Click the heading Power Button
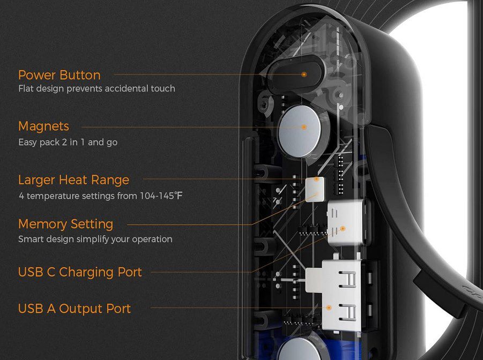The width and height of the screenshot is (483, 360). click(x=60, y=75)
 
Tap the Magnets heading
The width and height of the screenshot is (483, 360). click(x=44, y=126)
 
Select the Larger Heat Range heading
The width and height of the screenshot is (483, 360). click(x=73, y=180)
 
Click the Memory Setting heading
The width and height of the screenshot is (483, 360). click(x=65, y=224)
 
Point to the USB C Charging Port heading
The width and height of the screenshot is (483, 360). click(x=80, y=272)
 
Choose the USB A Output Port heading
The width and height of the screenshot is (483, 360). click(x=75, y=309)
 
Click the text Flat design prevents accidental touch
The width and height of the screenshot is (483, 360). click(x=96, y=89)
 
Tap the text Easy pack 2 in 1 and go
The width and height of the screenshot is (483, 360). click(x=68, y=142)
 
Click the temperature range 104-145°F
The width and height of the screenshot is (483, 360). click(x=161, y=196)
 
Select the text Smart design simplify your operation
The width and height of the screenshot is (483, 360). click(x=95, y=239)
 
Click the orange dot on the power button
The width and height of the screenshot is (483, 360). click(x=304, y=74)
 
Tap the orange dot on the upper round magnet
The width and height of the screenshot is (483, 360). click(x=304, y=127)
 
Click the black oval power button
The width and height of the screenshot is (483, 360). click(x=295, y=75)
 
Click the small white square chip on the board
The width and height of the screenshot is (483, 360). click(x=315, y=190)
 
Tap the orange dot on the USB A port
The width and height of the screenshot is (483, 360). click(x=329, y=307)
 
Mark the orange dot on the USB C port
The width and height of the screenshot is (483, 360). click(x=343, y=229)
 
